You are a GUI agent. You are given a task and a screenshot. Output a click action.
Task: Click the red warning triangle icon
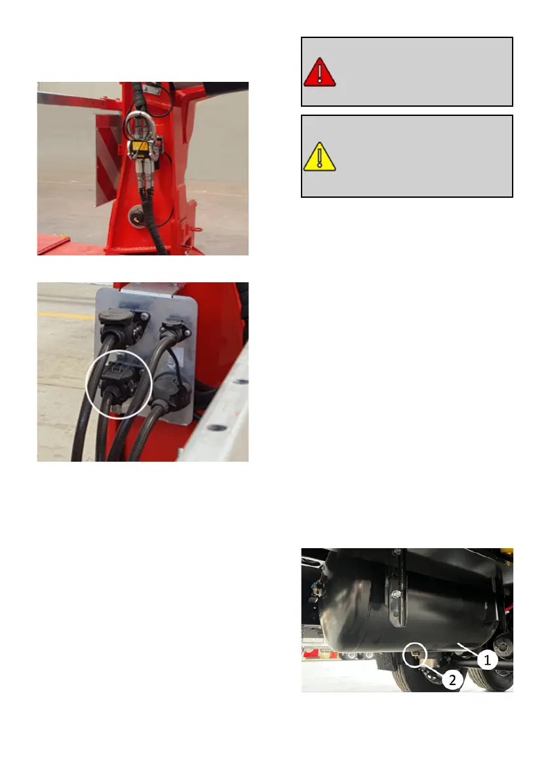tap(319, 73)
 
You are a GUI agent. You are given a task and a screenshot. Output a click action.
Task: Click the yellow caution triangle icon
tap(319, 157)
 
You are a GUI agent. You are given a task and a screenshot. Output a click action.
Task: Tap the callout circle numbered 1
tap(487, 659)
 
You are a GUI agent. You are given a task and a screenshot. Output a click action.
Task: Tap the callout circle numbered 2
tap(452, 680)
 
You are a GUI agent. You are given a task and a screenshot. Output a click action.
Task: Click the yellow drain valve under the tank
tap(414, 655)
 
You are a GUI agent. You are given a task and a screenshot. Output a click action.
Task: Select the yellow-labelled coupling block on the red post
tap(140, 147)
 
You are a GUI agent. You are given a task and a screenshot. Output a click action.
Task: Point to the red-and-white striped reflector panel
tap(108, 159)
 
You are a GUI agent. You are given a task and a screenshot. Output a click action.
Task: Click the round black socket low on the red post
tap(136, 215)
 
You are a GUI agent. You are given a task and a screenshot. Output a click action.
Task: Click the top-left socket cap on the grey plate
tap(117, 321)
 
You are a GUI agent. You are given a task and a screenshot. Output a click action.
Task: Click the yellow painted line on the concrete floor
tap(66, 316)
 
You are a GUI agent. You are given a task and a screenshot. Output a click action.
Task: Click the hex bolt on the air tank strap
tap(396, 595)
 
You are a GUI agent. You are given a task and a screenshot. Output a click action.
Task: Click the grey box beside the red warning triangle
tap(406, 71)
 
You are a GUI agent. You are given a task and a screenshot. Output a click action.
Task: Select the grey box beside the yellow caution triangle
tap(406, 157)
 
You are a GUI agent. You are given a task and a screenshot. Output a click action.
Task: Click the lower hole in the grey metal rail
tap(217, 427)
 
